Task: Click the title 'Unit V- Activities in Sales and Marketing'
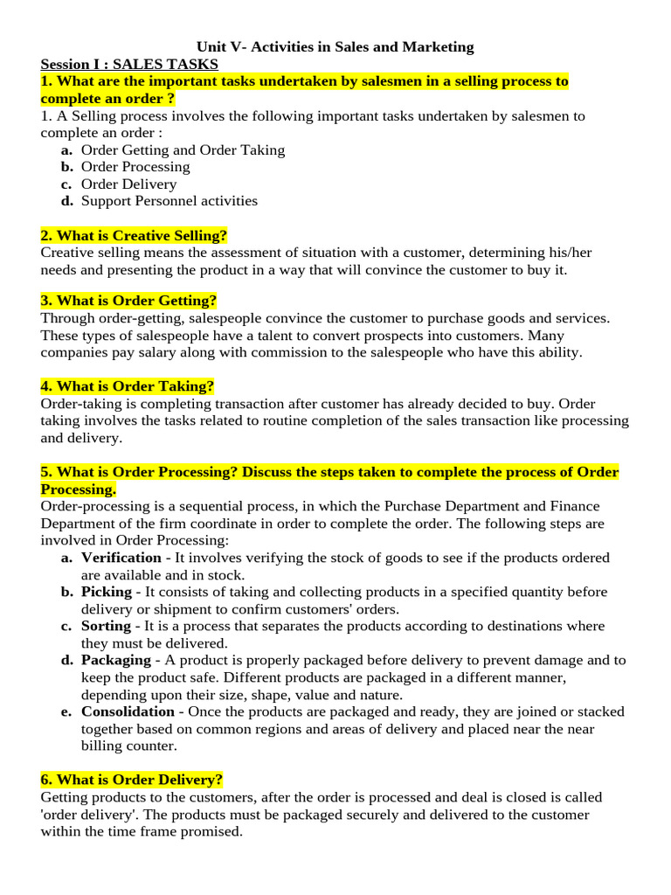click(335, 47)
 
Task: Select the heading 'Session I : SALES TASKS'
click(129, 65)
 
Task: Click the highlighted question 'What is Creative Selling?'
click(135, 236)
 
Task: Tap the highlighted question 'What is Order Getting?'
click(128, 301)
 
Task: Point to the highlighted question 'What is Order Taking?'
click(128, 386)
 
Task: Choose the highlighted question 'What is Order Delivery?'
click(132, 780)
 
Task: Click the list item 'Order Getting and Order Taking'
click(183, 149)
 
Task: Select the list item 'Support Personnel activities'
click(169, 201)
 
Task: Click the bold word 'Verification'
click(121, 558)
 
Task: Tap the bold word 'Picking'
click(106, 592)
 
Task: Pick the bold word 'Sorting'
click(105, 627)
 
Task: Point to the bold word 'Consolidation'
click(128, 712)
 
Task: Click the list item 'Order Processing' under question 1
click(135, 167)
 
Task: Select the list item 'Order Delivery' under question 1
click(128, 184)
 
